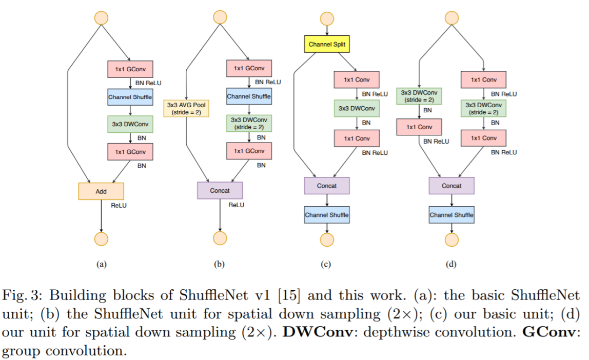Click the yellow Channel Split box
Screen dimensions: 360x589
[x=327, y=45]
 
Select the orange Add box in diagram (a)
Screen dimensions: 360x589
[x=101, y=191]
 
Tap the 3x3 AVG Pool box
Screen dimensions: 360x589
[x=186, y=108]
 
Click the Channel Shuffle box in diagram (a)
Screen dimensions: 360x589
[x=130, y=97]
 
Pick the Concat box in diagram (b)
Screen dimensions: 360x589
[x=220, y=191]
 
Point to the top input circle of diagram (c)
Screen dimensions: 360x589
[x=327, y=18]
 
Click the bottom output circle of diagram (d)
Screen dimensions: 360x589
[x=451, y=239]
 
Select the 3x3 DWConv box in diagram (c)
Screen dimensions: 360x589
[x=357, y=108]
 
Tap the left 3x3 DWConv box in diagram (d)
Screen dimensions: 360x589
[x=420, y=96]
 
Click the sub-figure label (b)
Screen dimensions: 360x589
[x=220, y=265]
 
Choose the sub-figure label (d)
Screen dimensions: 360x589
[x=451, y=265]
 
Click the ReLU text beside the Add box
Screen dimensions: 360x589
[x=119, y=205]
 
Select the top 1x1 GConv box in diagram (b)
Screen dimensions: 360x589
[x=249, y=68]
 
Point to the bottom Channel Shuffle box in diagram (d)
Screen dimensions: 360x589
[x=451, y=215]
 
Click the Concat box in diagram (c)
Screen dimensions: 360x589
[x=327, y=186]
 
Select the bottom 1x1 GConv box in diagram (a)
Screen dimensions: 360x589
[x=130, y=151]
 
